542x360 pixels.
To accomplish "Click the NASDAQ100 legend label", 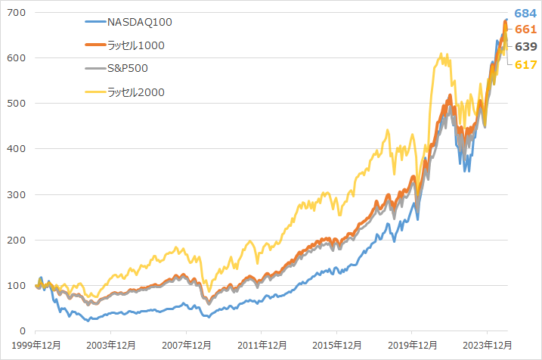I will [141, 22].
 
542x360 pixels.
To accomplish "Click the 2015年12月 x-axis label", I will [336, 345].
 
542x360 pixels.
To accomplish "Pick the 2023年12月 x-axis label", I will [487, 345].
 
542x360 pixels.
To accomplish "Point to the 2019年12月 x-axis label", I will [412, 345].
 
